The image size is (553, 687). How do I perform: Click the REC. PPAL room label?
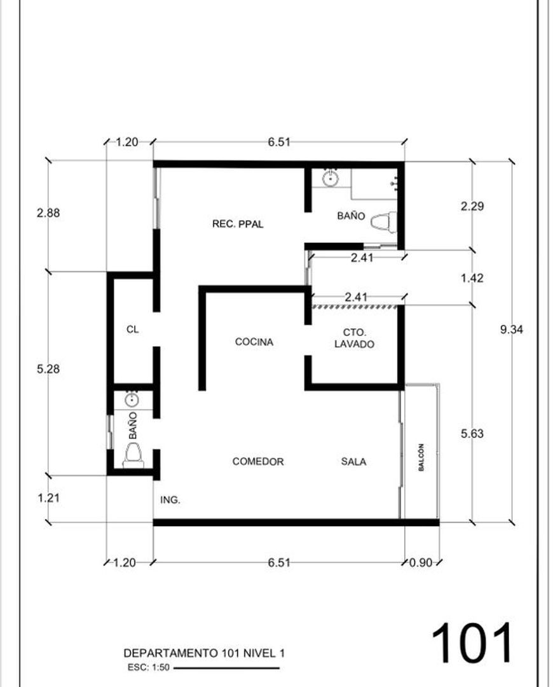[x=238, y=224]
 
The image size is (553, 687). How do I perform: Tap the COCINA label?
[x=254, y=342]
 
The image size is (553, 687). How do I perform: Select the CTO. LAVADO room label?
[x=354, y=338]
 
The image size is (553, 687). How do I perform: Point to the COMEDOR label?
[x=258, y=461]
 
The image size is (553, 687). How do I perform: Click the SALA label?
[x=354, y=461]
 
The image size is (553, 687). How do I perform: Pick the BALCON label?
[x=421, y=457]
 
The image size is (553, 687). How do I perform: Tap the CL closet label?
[x=133, y=329]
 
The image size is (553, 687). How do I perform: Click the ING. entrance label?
[x=170, y=500]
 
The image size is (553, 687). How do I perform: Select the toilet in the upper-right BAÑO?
[x=383, y=222]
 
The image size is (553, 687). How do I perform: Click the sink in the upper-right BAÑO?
[x=330, y=178]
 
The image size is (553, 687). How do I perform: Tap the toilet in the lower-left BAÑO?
[x=133, y=455]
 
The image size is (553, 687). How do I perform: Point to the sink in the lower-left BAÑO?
[x=132, y=400]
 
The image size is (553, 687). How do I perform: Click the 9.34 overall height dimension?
[x=512, y=330]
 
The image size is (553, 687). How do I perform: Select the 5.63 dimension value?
[x=472, y=433]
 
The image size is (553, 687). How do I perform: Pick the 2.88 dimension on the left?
[x=48, y=213]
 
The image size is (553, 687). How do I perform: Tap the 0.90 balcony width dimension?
[x=421, y=562]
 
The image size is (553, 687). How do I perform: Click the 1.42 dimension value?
[x=472, y=278]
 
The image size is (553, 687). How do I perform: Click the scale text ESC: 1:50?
[x=149, y=668]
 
